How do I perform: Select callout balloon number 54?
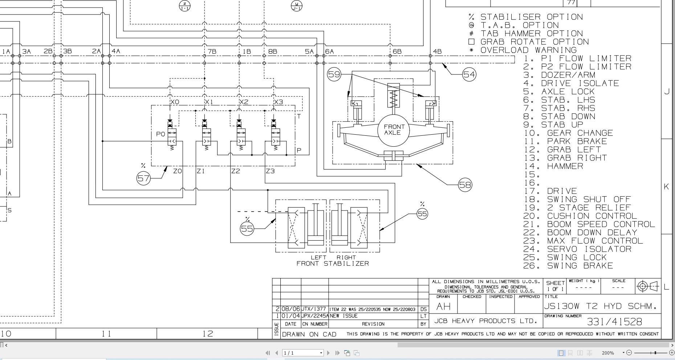coord(469,75)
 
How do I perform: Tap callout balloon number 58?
coord(465,185)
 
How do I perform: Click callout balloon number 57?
coord(143,179)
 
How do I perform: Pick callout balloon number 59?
coord(334,74)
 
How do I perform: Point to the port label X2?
coord(244,102)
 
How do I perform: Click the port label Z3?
coord(270,171)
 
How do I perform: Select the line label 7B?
coord(212,52)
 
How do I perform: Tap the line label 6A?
coord(329,52)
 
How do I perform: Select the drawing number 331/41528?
coord(614,322)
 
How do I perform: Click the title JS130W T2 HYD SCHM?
coord(600,306)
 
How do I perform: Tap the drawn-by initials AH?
coord(443,307)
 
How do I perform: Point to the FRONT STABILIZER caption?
coord(333,264)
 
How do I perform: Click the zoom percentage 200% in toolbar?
coord(607,353)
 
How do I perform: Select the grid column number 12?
coord(207,334)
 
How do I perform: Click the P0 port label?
coord(160,134)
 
